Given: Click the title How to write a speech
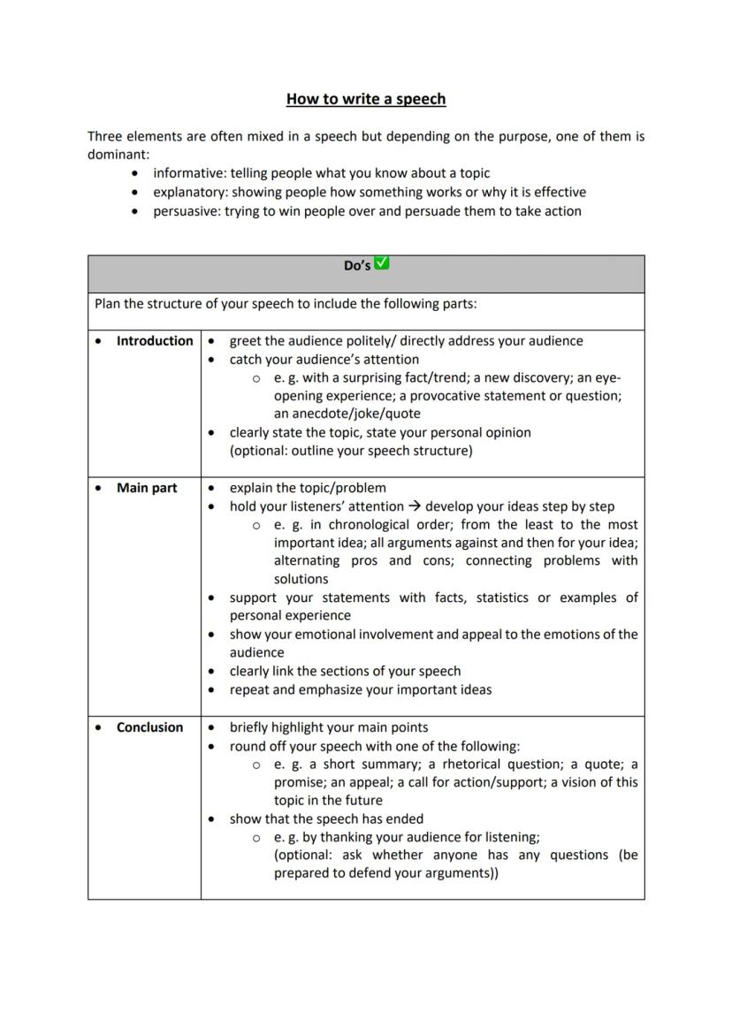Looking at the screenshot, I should tap(366, 99).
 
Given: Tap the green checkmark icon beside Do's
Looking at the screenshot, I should tap(382, 263).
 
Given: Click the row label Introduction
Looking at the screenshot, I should tap(155, 341).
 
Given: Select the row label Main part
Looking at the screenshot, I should tap(147, 488).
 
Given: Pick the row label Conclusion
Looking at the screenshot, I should tap(150, 727).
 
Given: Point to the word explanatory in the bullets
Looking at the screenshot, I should tap(190, 192).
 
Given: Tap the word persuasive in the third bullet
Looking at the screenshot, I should tap(187, 211).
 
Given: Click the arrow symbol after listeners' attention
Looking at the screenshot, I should tap(413, 506).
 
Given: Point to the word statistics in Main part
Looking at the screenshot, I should tap(503, 597).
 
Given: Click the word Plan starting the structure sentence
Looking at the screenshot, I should tap(108, 304).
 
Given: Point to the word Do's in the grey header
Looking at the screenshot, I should tap(357, 265).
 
